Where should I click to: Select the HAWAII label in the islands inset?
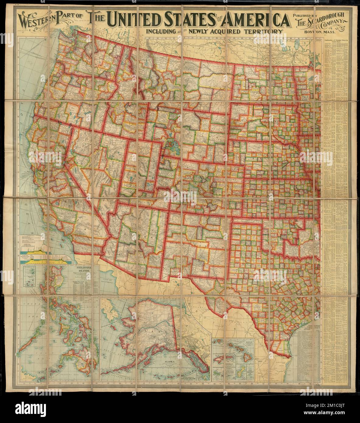[x=248, y=342]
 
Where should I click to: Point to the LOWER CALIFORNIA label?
[x=83, y=262]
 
